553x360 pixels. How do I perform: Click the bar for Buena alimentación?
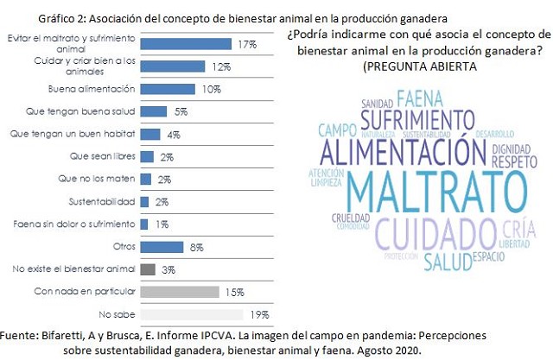167,88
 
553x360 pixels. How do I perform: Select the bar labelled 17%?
185,43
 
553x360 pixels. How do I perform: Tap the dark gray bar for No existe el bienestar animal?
147,268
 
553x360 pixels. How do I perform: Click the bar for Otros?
161,246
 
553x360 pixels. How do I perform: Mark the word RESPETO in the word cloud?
518,160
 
